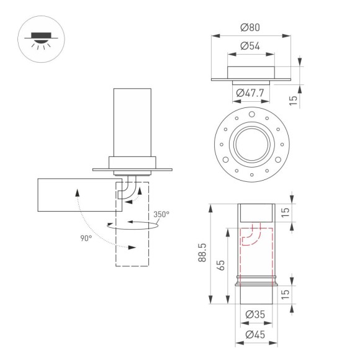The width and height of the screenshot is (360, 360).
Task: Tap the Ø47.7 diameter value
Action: pyautogui.click(x=251, y=92)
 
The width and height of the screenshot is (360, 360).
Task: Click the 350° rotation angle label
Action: pyautogui.click(x=161, y=214)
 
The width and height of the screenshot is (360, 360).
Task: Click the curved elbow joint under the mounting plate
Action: pyautogui.click(x=128, y=189)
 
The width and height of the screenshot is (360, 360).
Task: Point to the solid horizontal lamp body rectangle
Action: pyautogui.click(x=74, y=195)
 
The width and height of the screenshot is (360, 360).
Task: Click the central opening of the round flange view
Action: pyautogui.click(x=251, y=145)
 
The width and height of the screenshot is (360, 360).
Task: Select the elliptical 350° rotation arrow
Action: pyautogui.click(x=133, y=226)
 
